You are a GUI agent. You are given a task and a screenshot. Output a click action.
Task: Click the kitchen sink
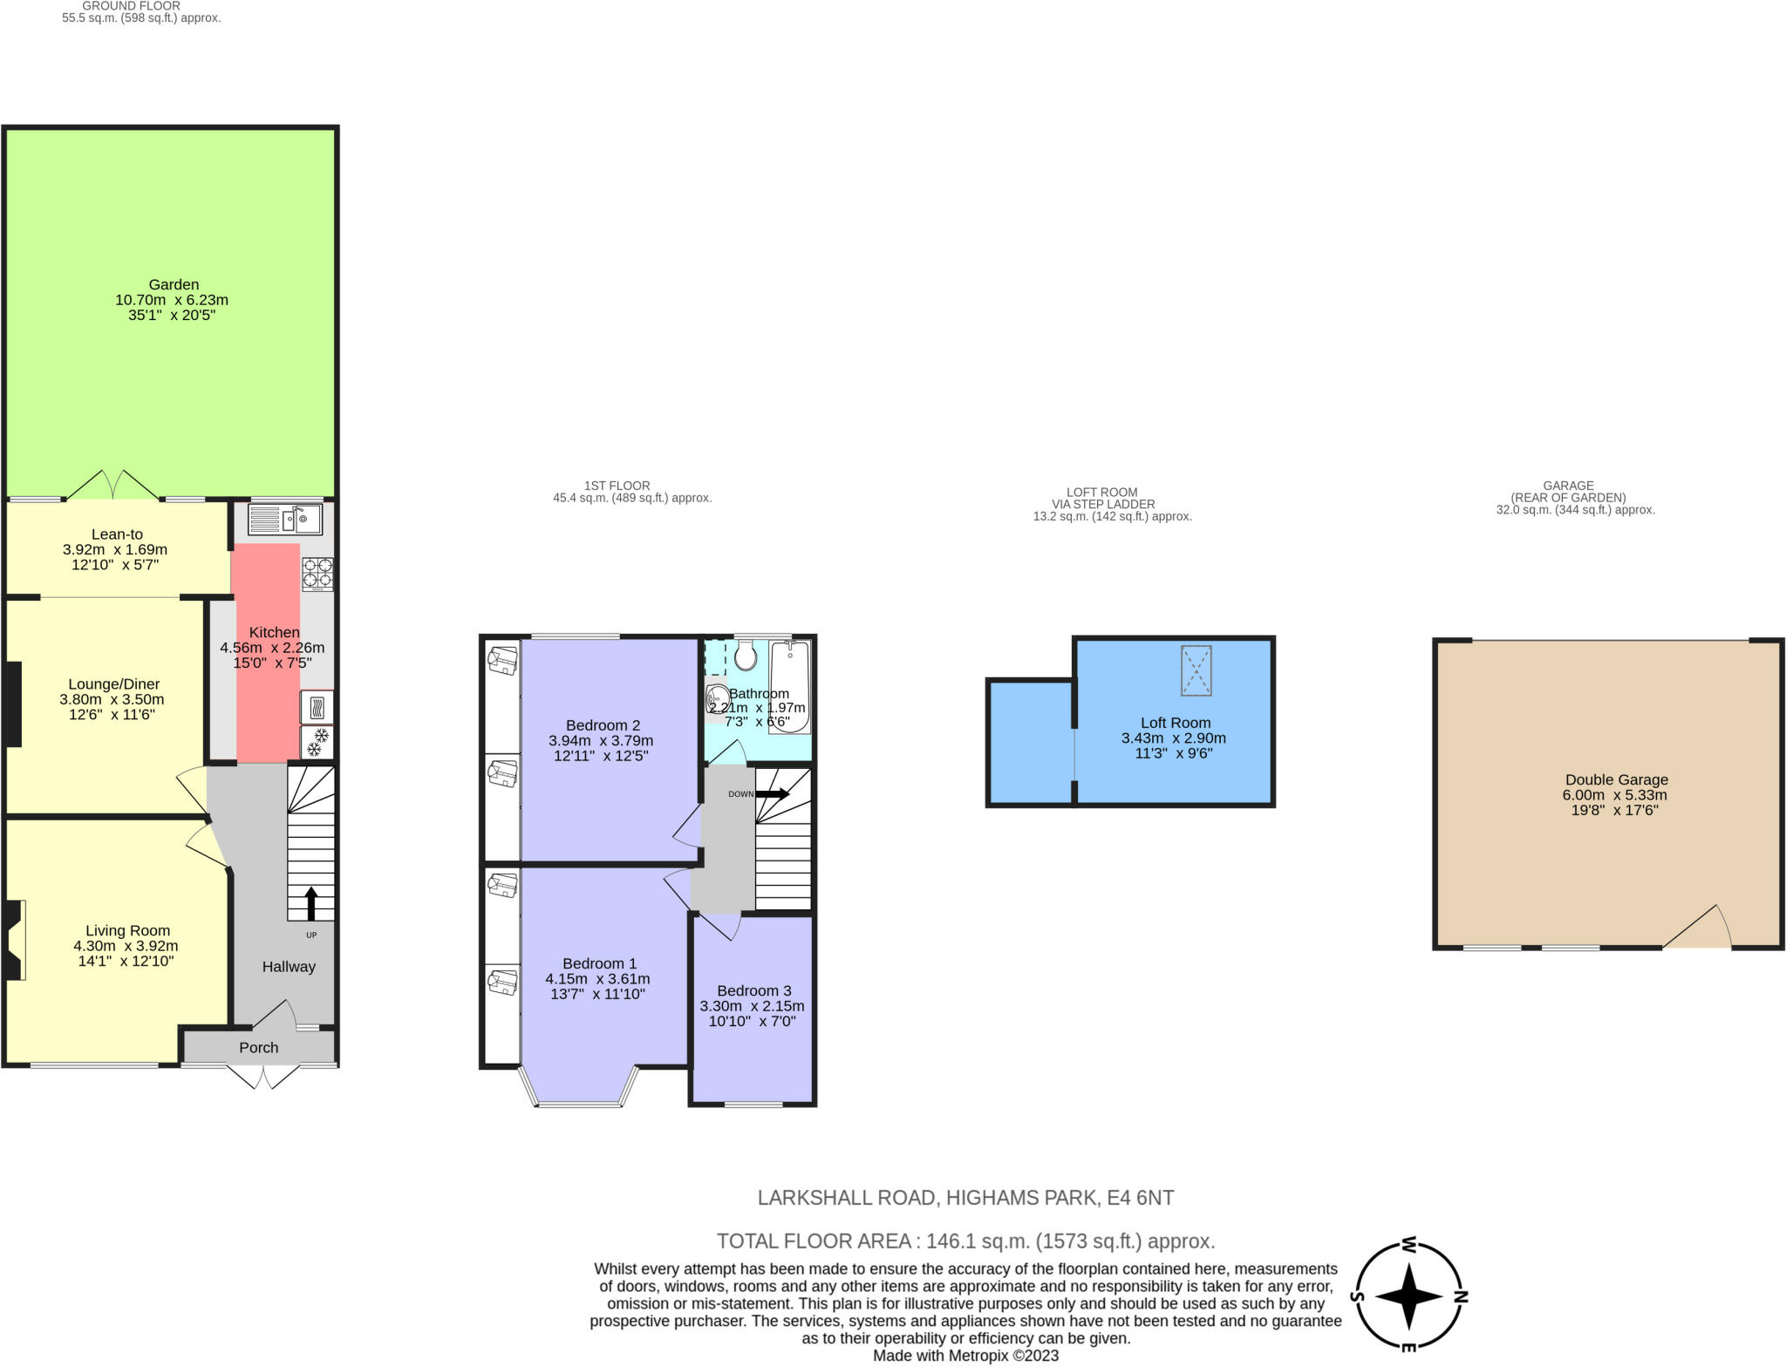285,520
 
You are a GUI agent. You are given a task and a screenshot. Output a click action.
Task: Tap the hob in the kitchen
317,575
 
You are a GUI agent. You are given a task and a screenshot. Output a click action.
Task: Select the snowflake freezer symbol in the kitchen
317,742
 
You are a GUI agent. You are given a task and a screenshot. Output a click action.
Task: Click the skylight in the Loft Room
1196,670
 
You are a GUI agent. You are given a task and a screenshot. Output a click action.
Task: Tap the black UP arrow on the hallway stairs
310,904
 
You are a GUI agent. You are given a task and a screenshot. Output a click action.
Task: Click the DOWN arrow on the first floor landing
772,794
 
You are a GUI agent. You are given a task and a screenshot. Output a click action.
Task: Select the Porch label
259,1048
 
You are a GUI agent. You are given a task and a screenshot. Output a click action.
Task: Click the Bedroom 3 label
754,990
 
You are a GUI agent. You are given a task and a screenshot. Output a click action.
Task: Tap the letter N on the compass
1461,1296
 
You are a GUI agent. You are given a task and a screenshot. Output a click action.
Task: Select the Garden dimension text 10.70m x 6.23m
172,300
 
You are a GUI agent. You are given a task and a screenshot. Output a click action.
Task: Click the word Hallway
289,967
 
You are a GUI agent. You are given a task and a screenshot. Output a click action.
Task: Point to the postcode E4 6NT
1141,1198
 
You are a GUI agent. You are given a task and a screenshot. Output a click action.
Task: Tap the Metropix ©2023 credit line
966,1356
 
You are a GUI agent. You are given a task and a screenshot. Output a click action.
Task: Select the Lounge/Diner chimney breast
13,704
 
